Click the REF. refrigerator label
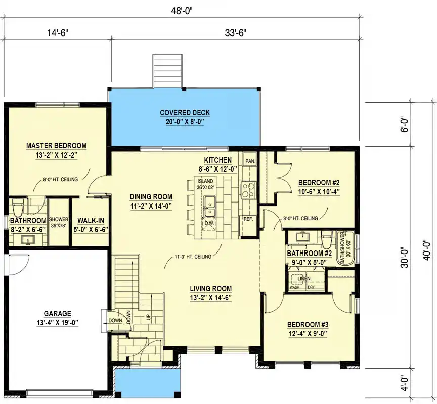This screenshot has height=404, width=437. point(248,219)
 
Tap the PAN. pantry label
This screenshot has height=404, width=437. point(250,161)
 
